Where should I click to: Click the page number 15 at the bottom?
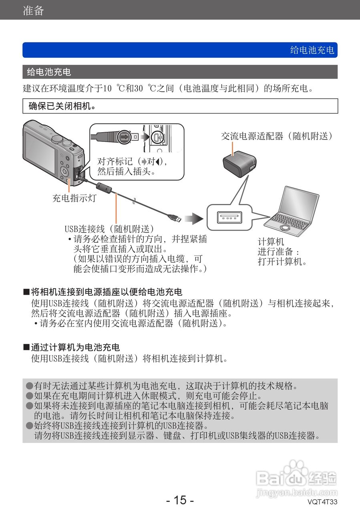point(180,500)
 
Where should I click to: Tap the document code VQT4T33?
point(322,502)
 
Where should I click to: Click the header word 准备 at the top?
point(33,10)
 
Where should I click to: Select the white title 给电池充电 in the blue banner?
point(312,50)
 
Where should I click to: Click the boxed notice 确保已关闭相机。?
point(62,106)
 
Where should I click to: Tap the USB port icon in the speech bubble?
point(229,217)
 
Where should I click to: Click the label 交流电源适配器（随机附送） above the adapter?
point(277,136)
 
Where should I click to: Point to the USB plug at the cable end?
point(175,218)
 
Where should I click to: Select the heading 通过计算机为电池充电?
point(75,347)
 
